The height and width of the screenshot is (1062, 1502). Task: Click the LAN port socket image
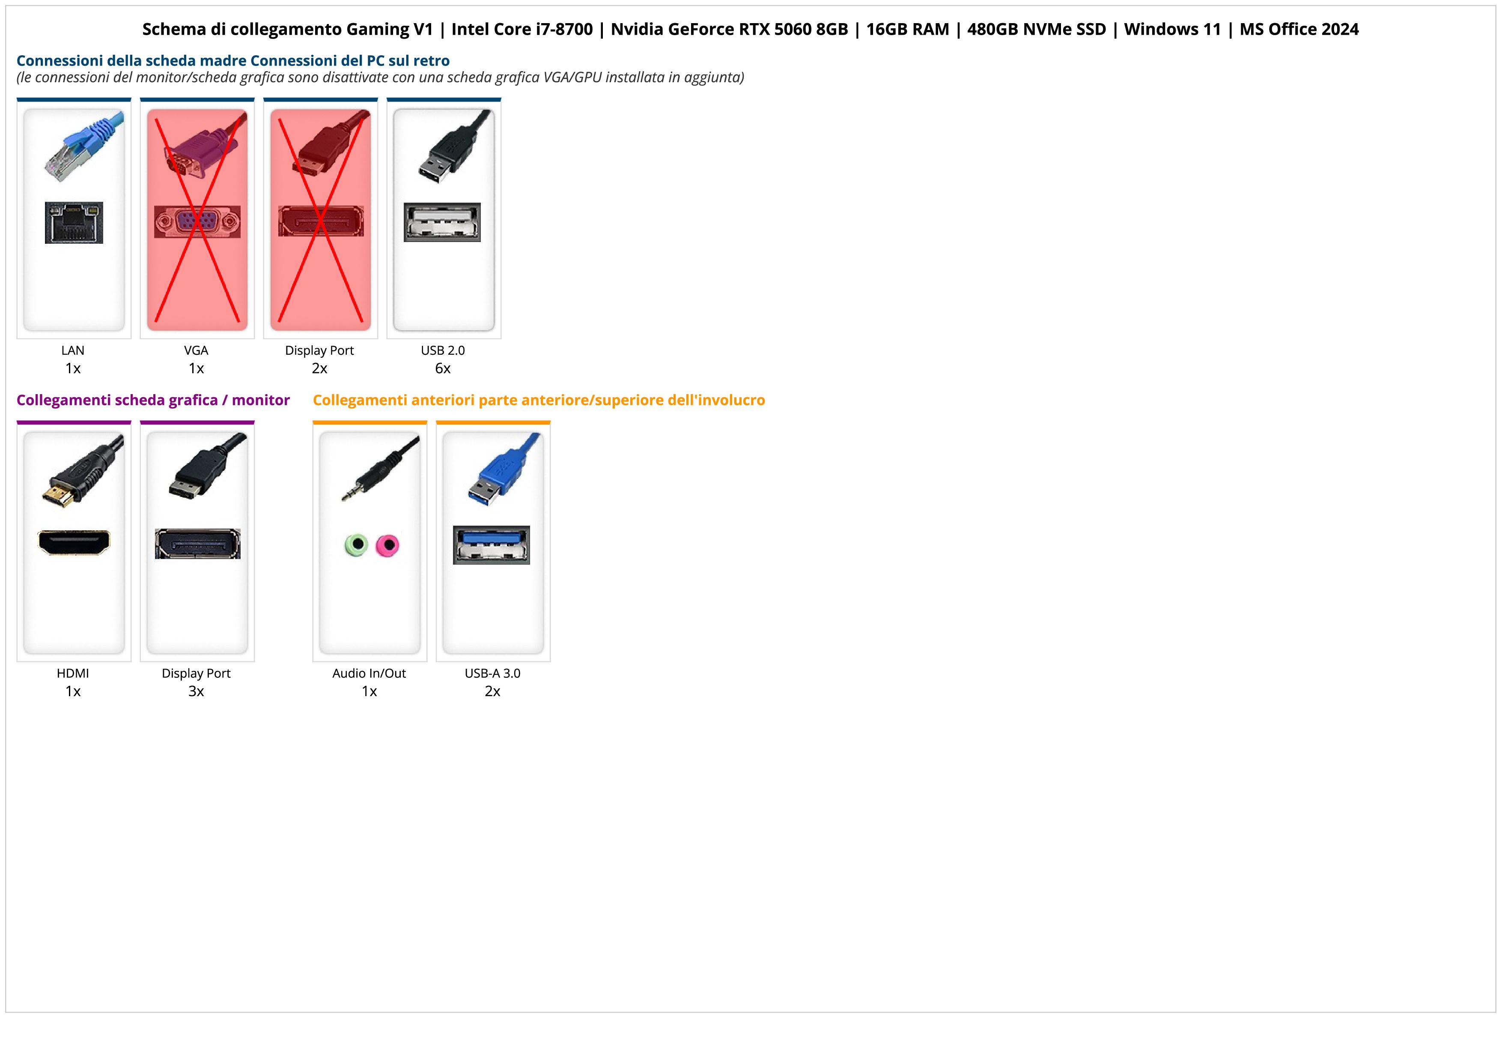coord(74,222)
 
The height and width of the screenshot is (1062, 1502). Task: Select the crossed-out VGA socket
coord(197,222)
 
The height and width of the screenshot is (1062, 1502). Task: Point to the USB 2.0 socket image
coord(442,222)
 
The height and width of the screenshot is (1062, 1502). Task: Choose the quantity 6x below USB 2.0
coord(443,368)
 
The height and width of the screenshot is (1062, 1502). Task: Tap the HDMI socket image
coord(74,542)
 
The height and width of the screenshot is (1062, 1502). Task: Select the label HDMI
coord(73,673)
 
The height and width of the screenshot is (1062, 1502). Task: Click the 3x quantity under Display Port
coord(196,691)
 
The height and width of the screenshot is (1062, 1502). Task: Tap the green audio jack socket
coord(356,544)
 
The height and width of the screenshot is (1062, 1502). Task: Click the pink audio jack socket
coord(388,545)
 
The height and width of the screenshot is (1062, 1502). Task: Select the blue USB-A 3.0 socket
coord(491,545)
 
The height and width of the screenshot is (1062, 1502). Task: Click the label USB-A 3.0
coord(492,673)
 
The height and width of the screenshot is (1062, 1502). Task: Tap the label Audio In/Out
coord(369,673)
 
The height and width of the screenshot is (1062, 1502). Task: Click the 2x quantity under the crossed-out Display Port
coord(319,368)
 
